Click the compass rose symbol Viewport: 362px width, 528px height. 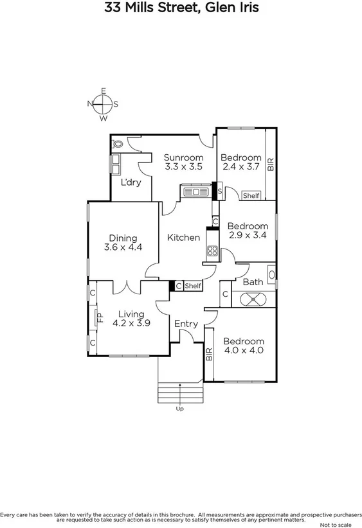103,104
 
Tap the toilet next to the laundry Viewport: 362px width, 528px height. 118,145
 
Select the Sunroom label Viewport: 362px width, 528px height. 183,157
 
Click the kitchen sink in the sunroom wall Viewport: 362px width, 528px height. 193,191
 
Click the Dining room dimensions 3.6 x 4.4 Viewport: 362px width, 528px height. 123,247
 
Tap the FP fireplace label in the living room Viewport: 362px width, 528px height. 100,317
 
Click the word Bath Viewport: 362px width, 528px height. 253,281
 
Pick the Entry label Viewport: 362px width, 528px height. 186,324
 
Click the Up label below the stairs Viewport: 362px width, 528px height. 179,408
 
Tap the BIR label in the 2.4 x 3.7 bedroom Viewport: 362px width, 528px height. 271,164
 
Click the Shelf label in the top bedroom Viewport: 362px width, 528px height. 251,195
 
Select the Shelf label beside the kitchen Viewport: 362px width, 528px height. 193,286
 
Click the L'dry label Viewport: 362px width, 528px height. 131,182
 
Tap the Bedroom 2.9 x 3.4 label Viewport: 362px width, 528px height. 248,231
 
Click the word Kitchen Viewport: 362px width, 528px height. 183,238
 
